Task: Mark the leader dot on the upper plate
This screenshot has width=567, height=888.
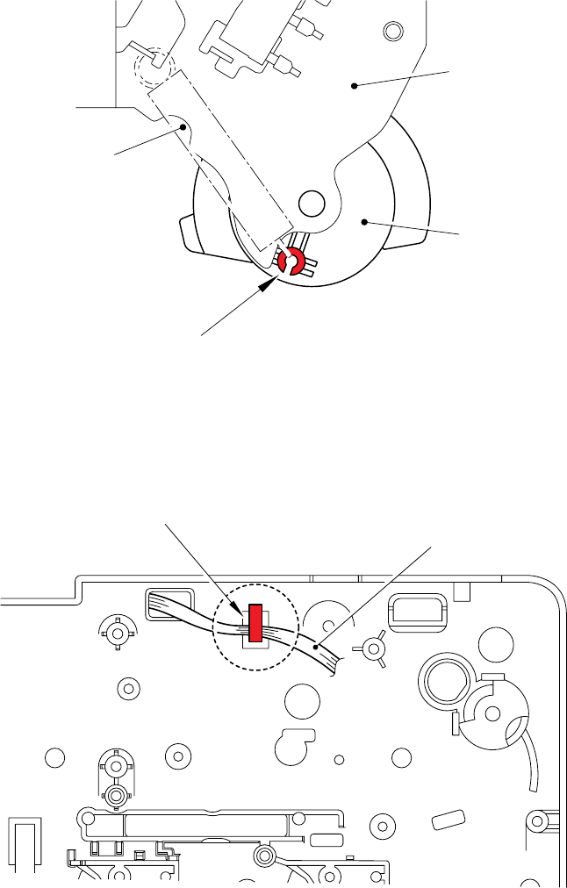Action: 355,85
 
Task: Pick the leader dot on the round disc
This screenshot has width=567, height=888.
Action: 363,223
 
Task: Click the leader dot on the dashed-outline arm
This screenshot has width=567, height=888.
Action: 183,126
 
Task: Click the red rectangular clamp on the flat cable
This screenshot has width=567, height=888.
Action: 255,622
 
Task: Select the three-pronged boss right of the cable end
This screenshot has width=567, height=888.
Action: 374,648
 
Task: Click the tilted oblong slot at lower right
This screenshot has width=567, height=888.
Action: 448,820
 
